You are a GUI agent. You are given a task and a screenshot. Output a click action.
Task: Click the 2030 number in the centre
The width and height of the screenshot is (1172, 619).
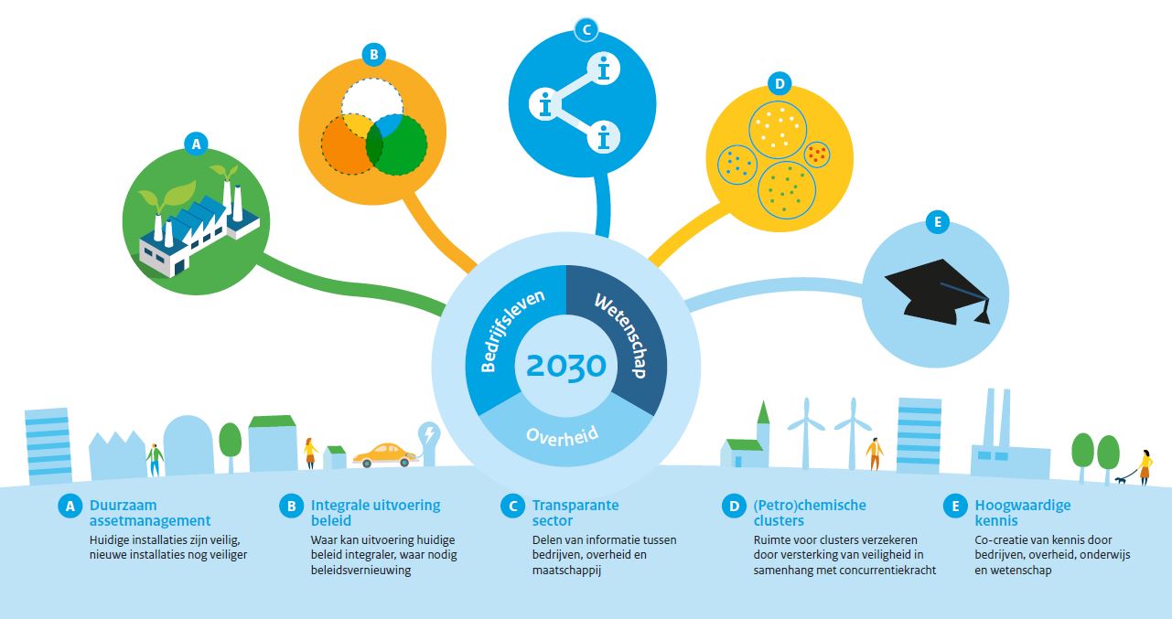566,366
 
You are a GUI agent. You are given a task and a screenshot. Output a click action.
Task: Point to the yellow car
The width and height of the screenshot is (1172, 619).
384,454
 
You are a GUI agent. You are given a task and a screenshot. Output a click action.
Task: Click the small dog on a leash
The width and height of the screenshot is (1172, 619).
1121,479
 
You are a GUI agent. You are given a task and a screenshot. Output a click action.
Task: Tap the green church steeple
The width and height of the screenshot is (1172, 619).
763,412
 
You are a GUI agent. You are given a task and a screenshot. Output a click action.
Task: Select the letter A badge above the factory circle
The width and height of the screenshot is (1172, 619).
196,144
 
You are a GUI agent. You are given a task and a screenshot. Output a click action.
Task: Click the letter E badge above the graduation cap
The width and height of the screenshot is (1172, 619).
937,222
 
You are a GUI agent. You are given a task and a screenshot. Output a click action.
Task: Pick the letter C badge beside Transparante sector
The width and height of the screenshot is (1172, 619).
512,506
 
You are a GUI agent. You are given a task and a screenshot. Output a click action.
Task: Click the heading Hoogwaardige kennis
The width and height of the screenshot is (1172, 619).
1022,513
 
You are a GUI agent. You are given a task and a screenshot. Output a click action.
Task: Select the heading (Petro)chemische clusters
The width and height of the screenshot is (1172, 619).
810,513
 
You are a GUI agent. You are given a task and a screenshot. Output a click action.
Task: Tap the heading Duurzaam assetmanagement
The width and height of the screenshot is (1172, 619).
150,513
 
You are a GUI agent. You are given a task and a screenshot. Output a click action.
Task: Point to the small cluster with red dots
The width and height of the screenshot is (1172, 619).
817,155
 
